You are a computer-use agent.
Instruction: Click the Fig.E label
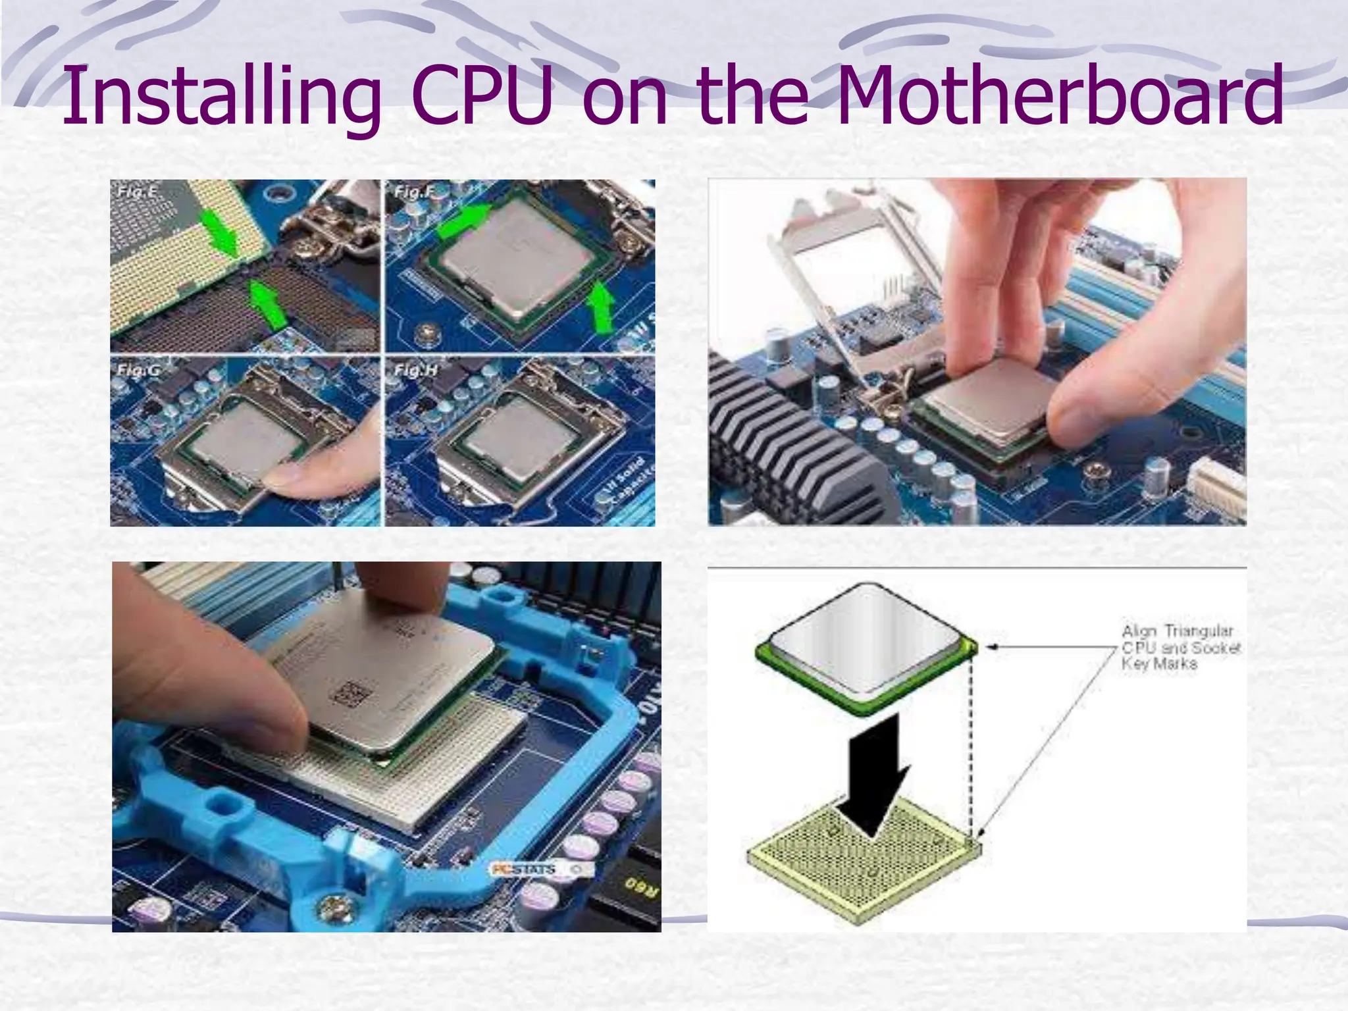(x=137, y=192)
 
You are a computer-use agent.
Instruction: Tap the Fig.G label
(x=138, y=370)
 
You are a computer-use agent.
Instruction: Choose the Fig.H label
(x=415, y=370)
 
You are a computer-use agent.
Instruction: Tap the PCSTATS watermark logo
(x=524, y=869)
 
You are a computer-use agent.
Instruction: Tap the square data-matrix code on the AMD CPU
(x=351, y=694)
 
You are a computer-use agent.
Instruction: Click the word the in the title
(x=751, y=95)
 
